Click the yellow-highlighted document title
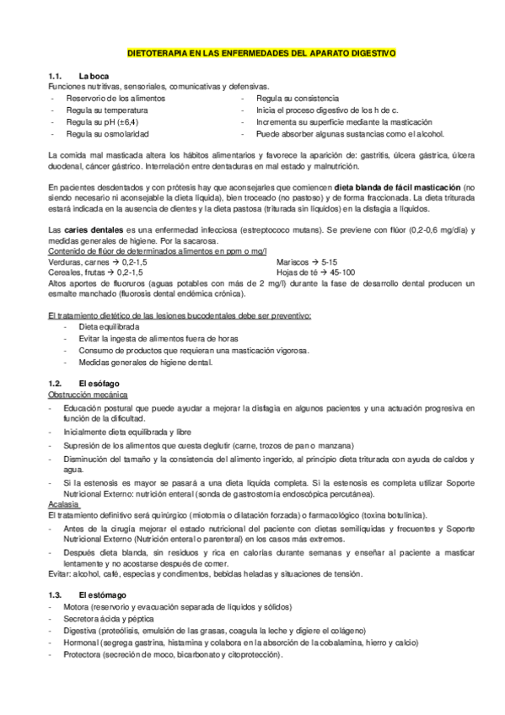point(261,52)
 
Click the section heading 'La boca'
point(94,77)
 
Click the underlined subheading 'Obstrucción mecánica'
point(86,394)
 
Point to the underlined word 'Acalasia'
point(67,504)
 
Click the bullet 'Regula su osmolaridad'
point(108,133)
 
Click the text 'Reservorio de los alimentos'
point(116,98)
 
